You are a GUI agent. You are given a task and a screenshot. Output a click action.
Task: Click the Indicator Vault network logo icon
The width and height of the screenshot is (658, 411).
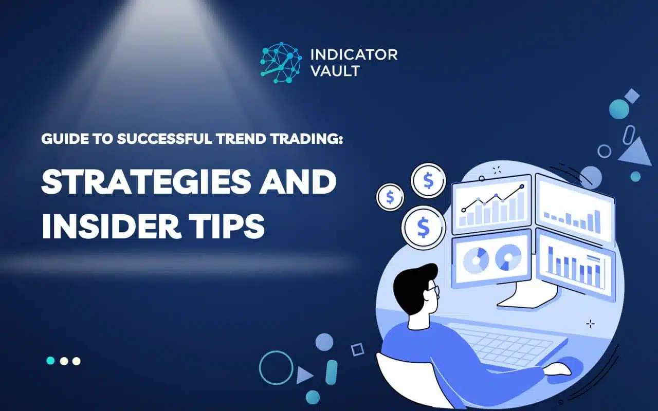[x=281, y=63]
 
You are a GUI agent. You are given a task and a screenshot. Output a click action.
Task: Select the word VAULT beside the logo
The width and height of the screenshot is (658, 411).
[x=335, y=71]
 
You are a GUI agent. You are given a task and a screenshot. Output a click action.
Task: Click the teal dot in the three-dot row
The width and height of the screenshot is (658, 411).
[x=50, y=361]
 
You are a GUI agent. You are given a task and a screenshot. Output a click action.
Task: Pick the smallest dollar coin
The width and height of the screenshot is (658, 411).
[x=390, y=197]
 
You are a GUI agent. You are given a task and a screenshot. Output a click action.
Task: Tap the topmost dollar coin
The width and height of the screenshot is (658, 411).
[x=428, y=180]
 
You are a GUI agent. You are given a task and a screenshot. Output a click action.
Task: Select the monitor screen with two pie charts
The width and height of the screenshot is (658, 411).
[x=490, y=258]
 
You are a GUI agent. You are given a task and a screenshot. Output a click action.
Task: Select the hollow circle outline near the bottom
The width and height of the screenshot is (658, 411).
[x=276, y=367]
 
